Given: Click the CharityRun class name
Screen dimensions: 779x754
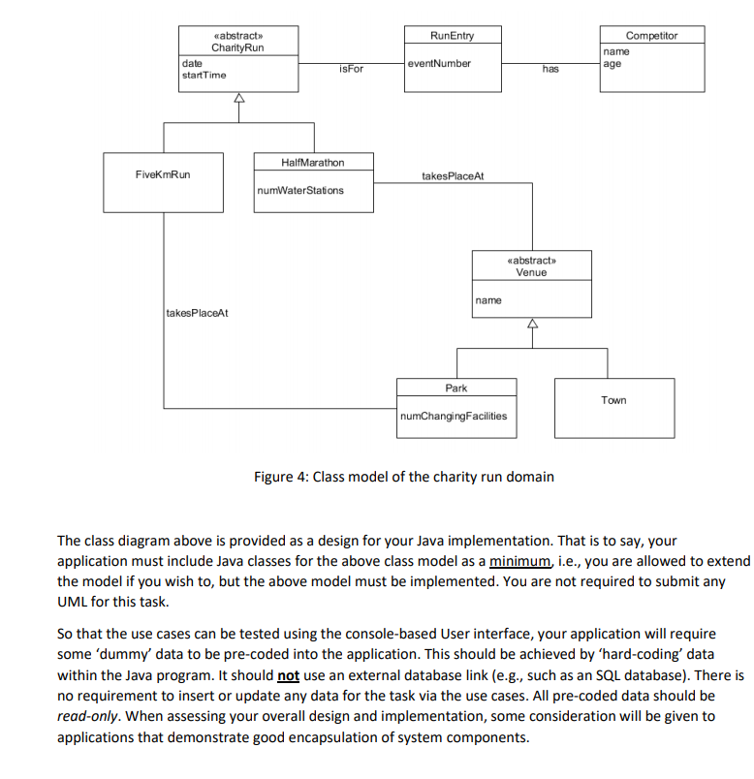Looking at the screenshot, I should pyautogui.click(x=237, y=48).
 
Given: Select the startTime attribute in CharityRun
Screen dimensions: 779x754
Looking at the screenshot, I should pyautogui.click(x=204, y=75).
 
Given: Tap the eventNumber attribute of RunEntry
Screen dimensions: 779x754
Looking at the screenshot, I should pyautogui.click(x=439, y=64).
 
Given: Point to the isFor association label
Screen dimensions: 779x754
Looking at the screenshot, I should pyautogui.click(x=351, y=69).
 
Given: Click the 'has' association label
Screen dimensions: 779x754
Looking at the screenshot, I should pyautogui.click(x=550, y=69).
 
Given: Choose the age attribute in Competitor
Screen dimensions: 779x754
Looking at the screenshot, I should pyautogui.click(x=612, y=64).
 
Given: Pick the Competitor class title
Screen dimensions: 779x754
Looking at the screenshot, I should pyautogui.click(x=651, y=35).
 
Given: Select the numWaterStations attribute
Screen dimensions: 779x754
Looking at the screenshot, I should pyautogui.click(x=300, y=190).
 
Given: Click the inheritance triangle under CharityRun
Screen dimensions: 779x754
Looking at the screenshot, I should pyautogui.click(x=238, y=99).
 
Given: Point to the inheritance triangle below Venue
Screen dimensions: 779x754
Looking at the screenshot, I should pyautogui.click(x=531, y=325).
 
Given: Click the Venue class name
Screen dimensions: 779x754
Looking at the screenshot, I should pyautogui.click(x=531, y=272).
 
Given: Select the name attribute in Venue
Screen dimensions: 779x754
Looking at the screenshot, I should pyautogui.click(x=488, y=300).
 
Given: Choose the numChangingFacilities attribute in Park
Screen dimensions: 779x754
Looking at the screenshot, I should pyautogui.click(x=453, y=417).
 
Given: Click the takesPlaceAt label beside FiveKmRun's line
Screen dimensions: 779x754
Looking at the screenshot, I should pyautogui.click(x=197, y=313).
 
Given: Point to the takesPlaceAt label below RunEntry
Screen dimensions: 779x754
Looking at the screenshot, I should pyautogui.click(x=453, y=176).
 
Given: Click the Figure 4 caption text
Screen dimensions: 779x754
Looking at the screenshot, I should pyautogui.click(x=403, y=477).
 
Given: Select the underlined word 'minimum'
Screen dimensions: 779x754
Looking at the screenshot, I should pyautogui.click(x=519, y=561).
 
